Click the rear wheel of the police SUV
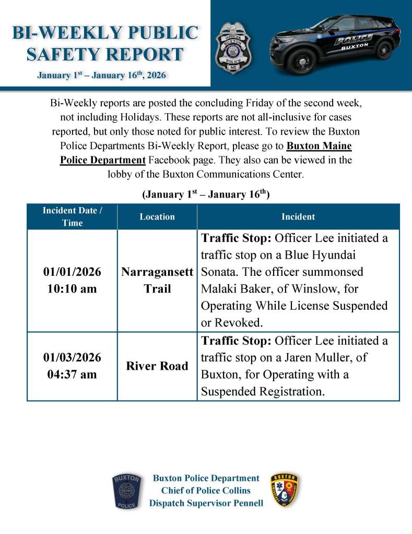(383, 50)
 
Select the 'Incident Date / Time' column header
(72, 216)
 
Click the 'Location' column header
(157, 216)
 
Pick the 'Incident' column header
(298, 216)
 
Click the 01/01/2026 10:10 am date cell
(72, 280)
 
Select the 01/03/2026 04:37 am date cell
(72, 366)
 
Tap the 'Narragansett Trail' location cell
(157, 280)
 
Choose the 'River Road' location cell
(157, 366)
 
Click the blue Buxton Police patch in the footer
(126, 491)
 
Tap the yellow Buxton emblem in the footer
(285, 491)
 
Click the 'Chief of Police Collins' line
(206, 491)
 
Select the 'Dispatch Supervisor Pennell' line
(206, 503)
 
